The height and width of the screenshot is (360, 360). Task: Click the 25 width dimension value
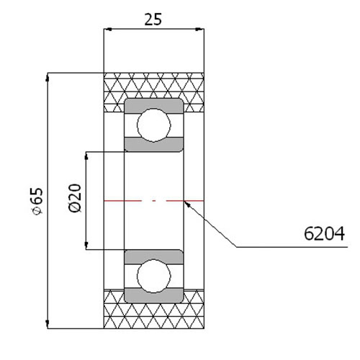coord(153,19)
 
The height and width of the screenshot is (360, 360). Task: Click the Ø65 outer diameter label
coord(37,200)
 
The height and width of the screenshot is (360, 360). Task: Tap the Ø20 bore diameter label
coord(75,198)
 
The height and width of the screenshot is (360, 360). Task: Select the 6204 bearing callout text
coord(324,233)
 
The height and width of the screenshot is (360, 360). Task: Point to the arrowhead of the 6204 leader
coord(187,204)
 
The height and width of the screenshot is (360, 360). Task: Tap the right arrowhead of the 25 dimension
coord(200,30)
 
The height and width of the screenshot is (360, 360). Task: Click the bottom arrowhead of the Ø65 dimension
coord(48,324)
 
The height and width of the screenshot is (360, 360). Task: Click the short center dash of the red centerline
coord(154,201)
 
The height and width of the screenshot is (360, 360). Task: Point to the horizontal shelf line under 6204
coord(292,247)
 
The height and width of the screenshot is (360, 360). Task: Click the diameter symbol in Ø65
coord(38,210)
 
